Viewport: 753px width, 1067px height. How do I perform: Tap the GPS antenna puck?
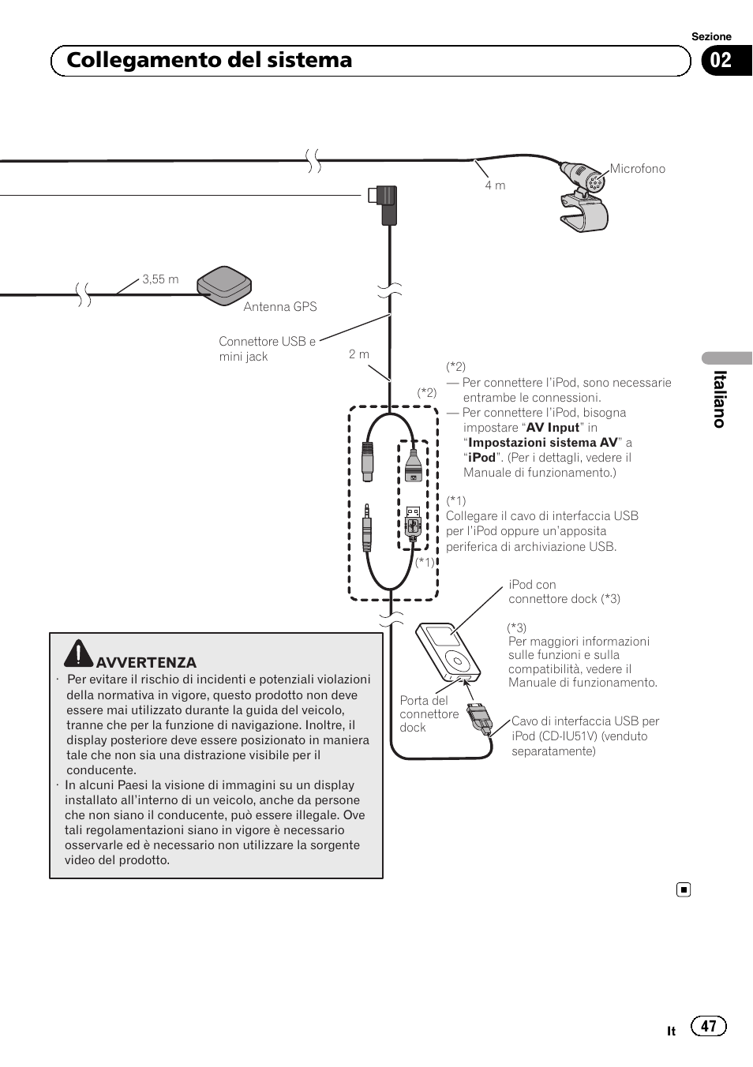[224, 284]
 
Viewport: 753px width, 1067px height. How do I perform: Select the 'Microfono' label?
[637, 169]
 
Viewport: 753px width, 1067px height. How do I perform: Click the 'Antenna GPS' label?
[279, 307]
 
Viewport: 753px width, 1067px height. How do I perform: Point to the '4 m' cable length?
[495, 185]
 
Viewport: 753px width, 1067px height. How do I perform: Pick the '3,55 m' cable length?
[160, 279]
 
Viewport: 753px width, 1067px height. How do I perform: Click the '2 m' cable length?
[359, 354]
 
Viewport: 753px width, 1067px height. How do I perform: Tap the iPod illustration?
[448, 652]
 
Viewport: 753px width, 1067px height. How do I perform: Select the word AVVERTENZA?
[146, 663]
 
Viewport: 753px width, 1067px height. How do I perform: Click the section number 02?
[721, 61]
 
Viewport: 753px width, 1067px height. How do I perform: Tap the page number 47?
[708, 1026]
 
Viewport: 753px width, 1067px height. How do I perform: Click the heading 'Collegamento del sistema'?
[209, 61]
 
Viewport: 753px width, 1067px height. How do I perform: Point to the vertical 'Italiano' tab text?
[719, 399]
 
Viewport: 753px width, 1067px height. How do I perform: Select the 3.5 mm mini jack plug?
[366, 529]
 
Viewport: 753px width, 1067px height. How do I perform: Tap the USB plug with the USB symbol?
[413, 522]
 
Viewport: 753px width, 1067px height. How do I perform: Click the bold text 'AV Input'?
[553, 428]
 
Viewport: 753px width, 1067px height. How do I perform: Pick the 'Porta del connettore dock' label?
[429, 714]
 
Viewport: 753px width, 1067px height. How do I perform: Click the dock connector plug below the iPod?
[478, 717]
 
